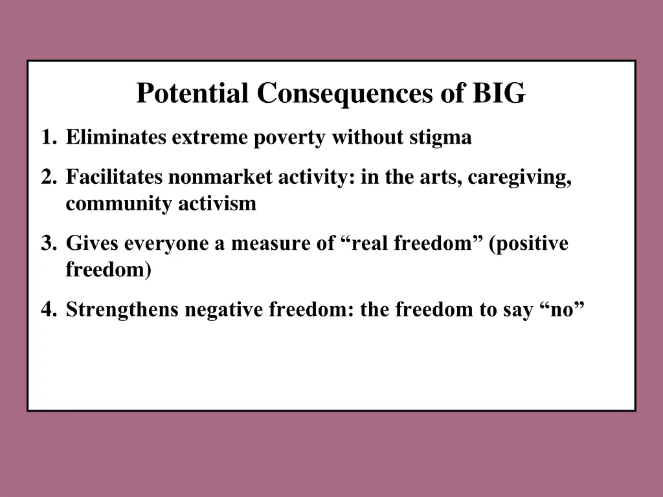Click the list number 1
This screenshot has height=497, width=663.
[x=47, y=138]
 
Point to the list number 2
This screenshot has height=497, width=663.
[x=47, y=177]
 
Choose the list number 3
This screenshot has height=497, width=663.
[x=47, y=243]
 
